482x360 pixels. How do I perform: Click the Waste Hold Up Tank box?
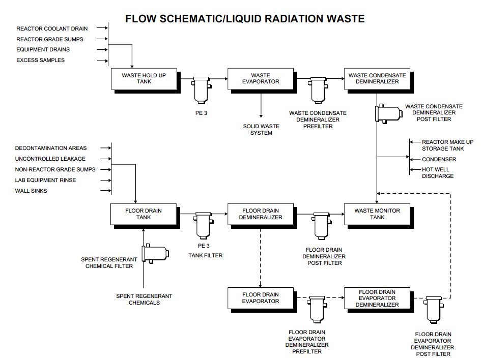[144, 79]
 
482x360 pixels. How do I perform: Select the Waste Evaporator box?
[261, 79]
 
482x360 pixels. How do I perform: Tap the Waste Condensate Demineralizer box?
[377, 79]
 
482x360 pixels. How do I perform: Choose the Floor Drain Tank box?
[144, 214]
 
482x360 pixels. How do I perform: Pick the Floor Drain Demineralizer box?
[261, 214]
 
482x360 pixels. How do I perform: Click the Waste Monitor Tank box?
[377, 214]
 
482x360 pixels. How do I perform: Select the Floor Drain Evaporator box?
[261, 297]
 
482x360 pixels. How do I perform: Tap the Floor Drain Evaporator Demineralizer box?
[377, 298]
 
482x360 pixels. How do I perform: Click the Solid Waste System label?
[258, 129]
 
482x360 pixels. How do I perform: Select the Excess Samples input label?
[40, 61]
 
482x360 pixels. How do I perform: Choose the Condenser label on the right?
[439, 159]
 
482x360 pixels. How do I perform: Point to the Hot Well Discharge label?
[438, 173]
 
